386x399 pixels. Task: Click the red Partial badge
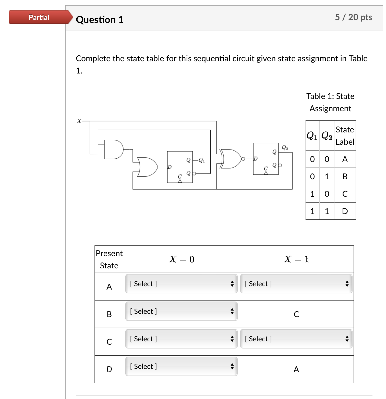pyautogui.click(x=39, y=17)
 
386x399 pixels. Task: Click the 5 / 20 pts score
pyautogui.click(x=353, y=17)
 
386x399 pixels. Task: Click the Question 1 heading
pyautogui.click(x=100, y=20)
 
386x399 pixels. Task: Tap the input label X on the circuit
pyautogui.click(x=79, y=121)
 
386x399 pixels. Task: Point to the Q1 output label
pyautogui.click(x=202, y=160)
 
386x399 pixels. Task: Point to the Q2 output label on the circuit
pyautogui.click(x=285, y=148)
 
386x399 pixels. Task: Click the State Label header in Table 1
pyautogui.click(x=345, y=135)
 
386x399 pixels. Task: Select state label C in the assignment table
pyautogui.click(x=345, y=194)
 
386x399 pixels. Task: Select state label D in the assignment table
pyautogui.click(x=345, y=211)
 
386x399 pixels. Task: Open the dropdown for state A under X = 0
pyautogui.click(x=181, y=284)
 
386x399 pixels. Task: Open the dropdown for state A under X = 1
pyautogui.click(x=296, y=284)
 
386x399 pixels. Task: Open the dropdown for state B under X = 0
pyautogui.click(x=181, y=311)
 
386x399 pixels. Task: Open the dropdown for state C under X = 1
pyautogui.click(x=296, y=339)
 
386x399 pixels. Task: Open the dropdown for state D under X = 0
pyautogui.click(x=181, y=366)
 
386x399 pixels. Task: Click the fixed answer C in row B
pyautogui.click(x=296, y=314)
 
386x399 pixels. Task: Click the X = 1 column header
pyautogui.click(x=296, y=259)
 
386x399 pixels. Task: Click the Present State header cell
pyautogui.click(x=109, y=259)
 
